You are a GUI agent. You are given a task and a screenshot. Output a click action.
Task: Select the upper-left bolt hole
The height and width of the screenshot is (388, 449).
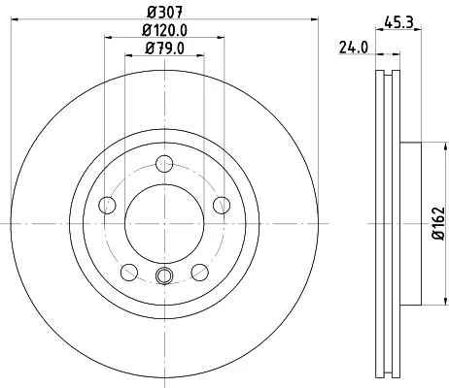pyautogui.click(x=107, y=204)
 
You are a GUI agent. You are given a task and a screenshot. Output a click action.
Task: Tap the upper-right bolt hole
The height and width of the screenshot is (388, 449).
pyautogui.click(x=222, y=204)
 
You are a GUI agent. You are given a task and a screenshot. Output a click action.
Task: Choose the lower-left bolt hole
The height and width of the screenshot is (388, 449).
pyautogui.click(x=128, y=271)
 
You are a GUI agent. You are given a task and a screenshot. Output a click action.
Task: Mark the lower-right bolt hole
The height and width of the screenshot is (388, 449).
pyautogui.click(x=200, y=271)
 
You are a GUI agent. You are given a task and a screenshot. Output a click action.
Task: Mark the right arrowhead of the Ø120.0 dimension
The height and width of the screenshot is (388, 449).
pyautogui.click(x=222, y=39)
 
